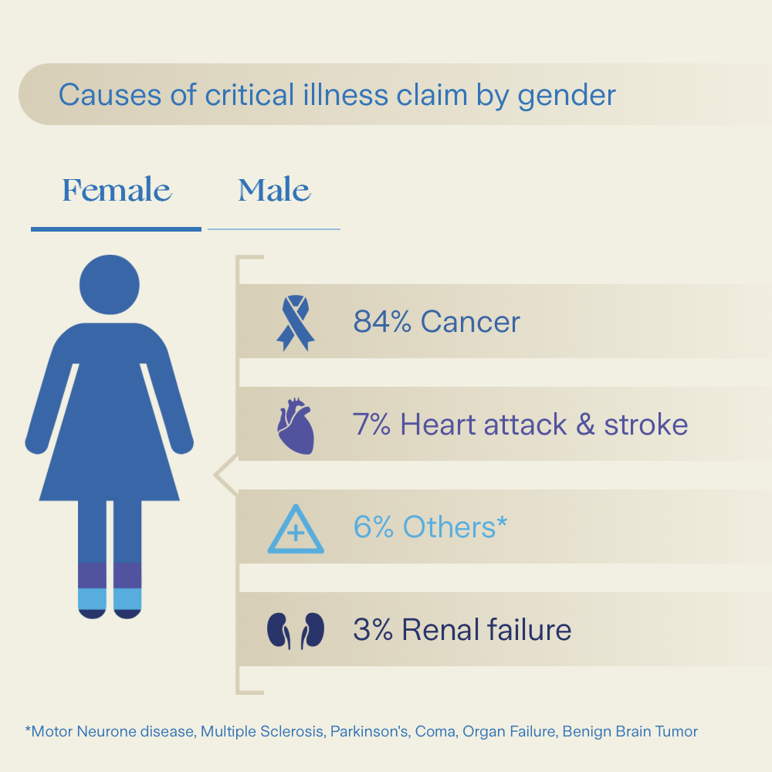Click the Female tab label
[x=117, y=190]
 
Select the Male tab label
[x=274, y=190]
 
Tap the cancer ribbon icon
[x=296, y=323]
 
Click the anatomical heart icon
[x=296, y=426]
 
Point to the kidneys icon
[x=296, y=631]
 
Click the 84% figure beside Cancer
[x=382, y=321]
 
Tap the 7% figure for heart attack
[x=371, y=425]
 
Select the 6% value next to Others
[x=373, y=527]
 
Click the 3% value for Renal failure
[x=373, y=630]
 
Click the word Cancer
[x=470, y=321]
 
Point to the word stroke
[x=646, y=425]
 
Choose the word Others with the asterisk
[x=455, y=527]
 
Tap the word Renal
[x=440, y=630]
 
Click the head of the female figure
[x=110, y=285]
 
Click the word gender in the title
[x=567, y=96]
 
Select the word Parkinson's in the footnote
[x=369, y=731]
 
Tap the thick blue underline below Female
[x=117, y=229]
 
